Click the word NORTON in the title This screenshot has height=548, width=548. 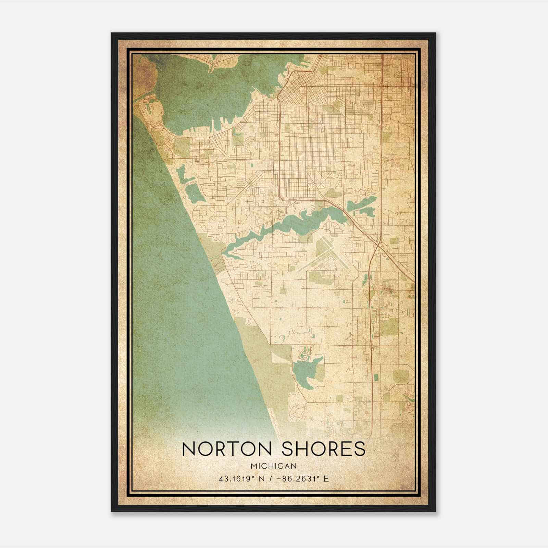point(224,449)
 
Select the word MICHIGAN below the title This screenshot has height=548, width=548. point(274,466)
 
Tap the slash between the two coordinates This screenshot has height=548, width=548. point(272,478)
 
